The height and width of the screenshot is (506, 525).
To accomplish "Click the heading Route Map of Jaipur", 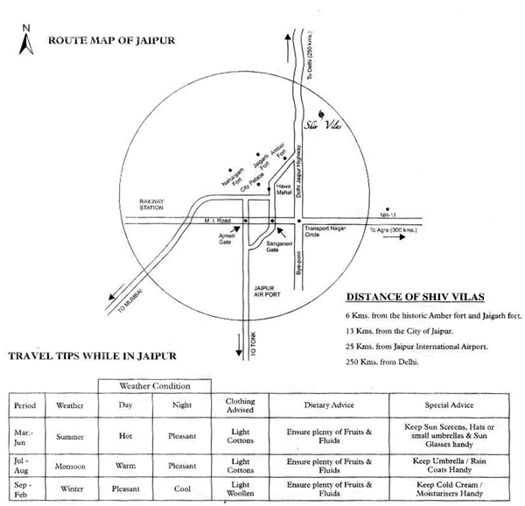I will pyautogui.click(x=111, y=40).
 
